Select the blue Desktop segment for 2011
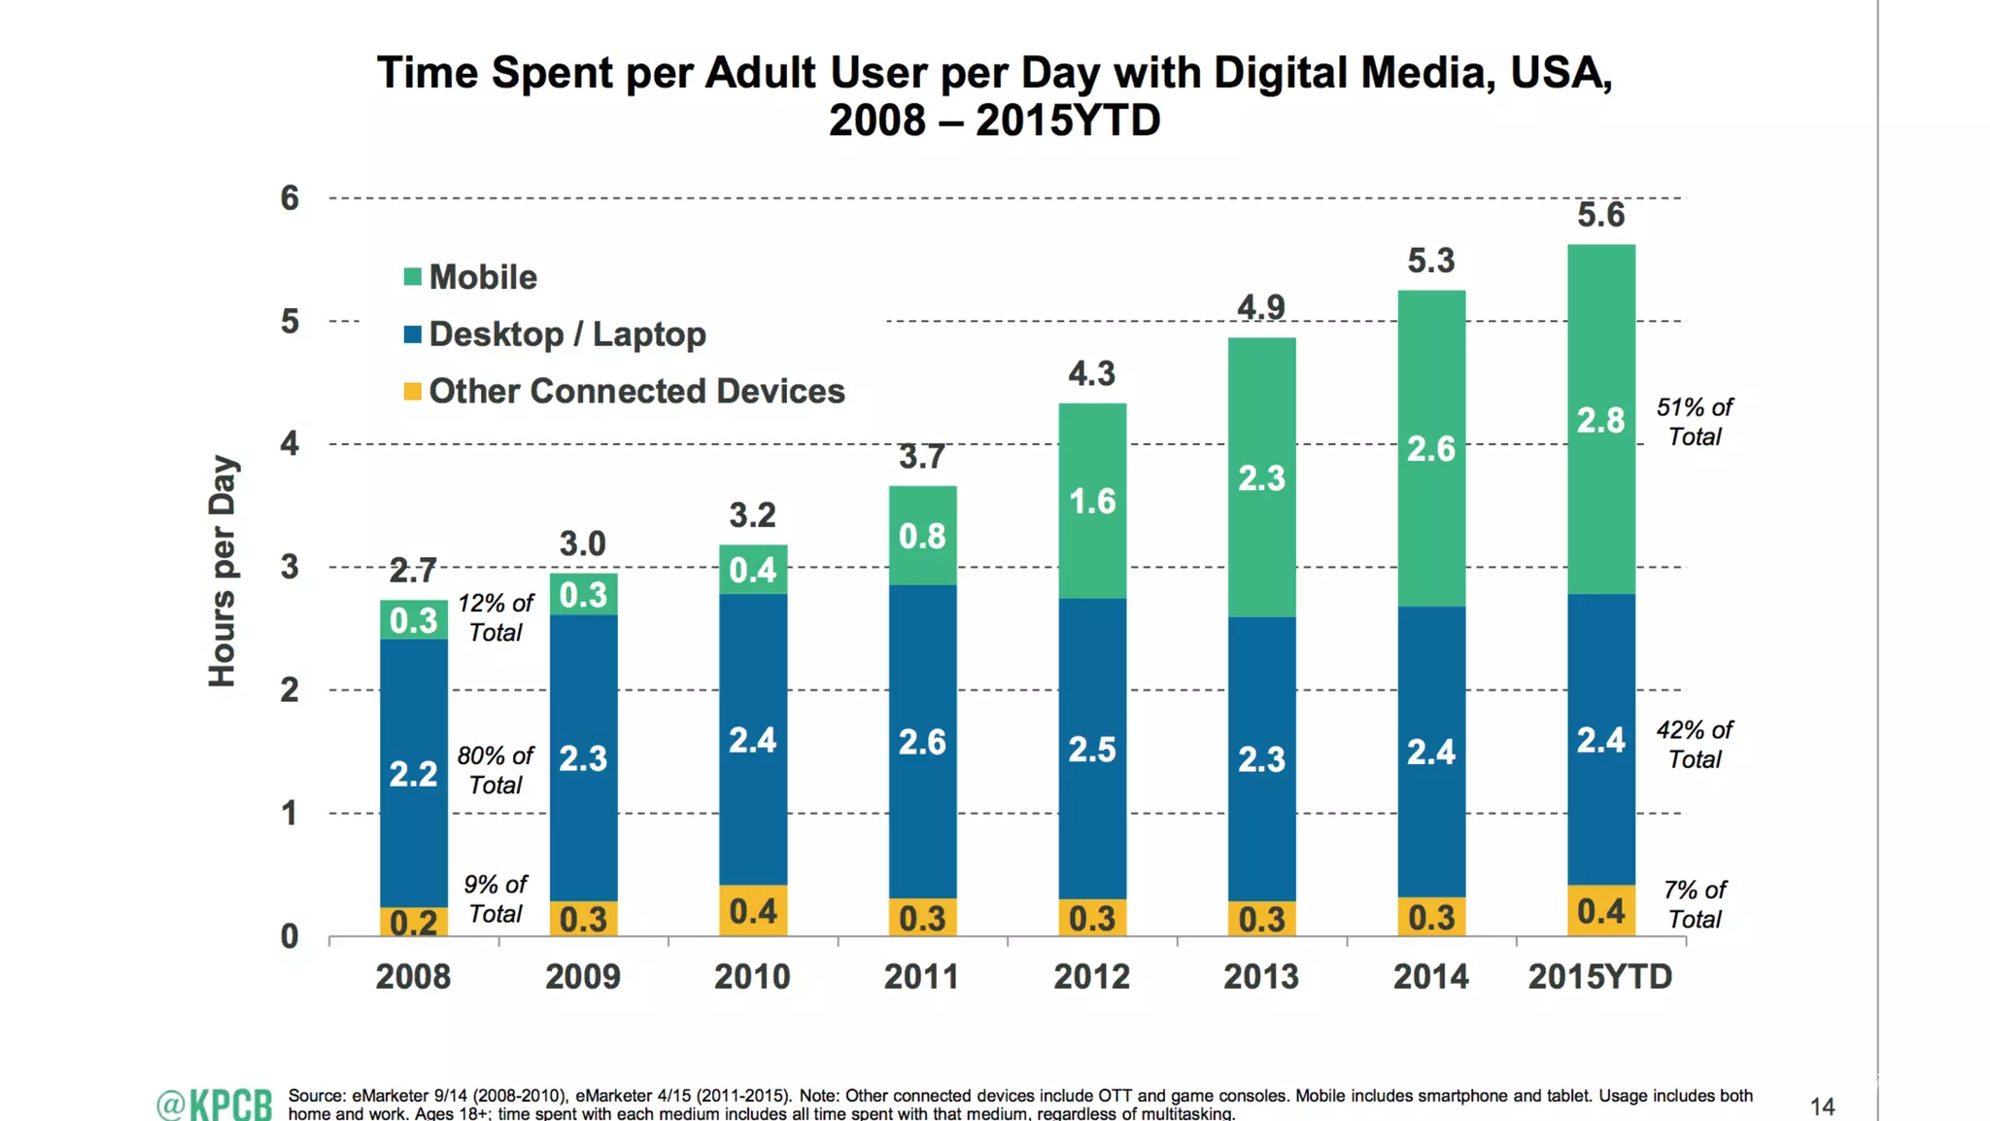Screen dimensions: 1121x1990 coord(922,741)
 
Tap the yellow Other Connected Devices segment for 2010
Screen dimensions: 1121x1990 coord(752,910)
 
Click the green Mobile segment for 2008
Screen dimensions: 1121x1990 coord(413,619)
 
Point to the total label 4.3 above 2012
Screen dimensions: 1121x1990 coord(1091,373)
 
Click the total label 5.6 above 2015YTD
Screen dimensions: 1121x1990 coord(1600,215)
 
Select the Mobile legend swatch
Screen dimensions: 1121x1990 coord(413,277)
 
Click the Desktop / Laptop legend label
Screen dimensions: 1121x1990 coord(567,334)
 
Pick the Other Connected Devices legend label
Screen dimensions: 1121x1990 coord(636,391)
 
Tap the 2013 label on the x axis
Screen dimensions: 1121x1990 coord(1260,976)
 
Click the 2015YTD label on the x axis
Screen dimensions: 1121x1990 coord(1599,976)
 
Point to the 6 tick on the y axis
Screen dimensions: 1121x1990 coord(290,198)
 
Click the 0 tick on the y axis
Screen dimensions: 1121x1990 coord(290,936)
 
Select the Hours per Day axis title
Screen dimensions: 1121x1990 coord(223,571)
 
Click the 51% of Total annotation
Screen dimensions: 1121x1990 coord(1694,422)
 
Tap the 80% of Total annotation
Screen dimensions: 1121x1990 coord(495,770)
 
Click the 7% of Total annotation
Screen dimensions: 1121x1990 coord(1694,904)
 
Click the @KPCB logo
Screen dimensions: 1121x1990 coord(215,1104)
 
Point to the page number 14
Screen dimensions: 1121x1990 coord(1822,1106)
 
